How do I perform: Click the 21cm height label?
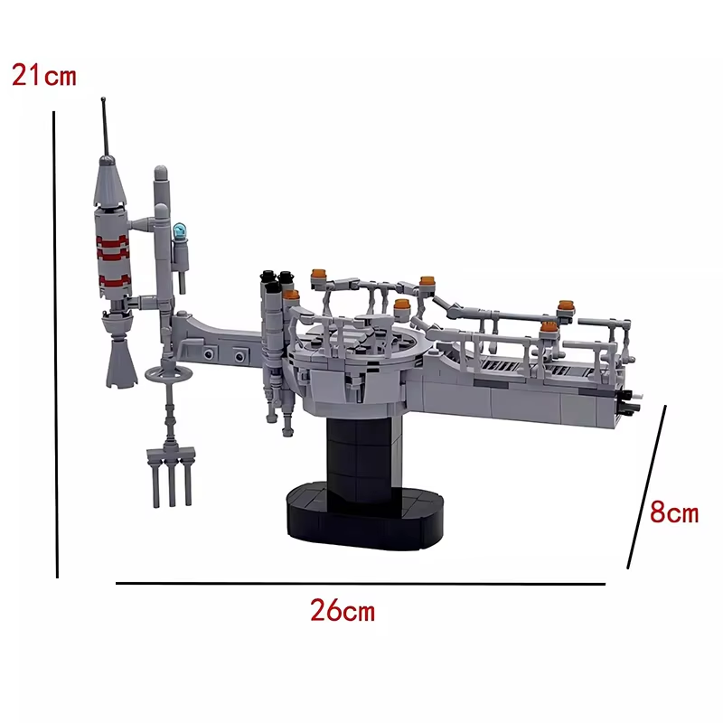43,75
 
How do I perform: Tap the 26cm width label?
343,610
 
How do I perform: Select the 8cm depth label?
674,512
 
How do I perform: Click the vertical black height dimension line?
55,344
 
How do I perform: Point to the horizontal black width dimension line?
360,584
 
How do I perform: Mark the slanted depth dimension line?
646,487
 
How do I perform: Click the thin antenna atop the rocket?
106,127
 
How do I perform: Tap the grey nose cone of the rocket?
109,182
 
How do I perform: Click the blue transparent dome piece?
179,230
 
